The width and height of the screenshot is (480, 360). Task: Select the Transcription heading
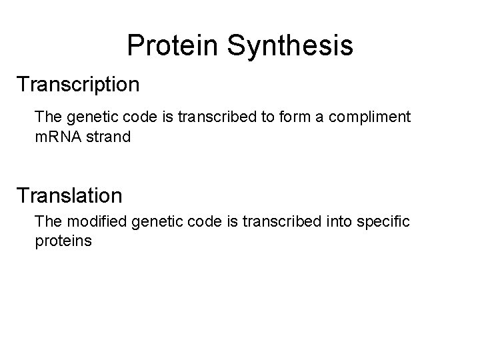(x=78, y=85)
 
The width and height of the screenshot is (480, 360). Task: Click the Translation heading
(x=70, y=195)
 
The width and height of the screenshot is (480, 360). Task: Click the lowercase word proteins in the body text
(x=63, y=240)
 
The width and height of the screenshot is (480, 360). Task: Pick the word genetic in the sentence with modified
(x=155, y=220)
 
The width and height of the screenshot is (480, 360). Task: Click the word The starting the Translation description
(x=47, y=220)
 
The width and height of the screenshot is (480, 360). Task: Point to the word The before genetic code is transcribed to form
(x=47, y=117)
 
